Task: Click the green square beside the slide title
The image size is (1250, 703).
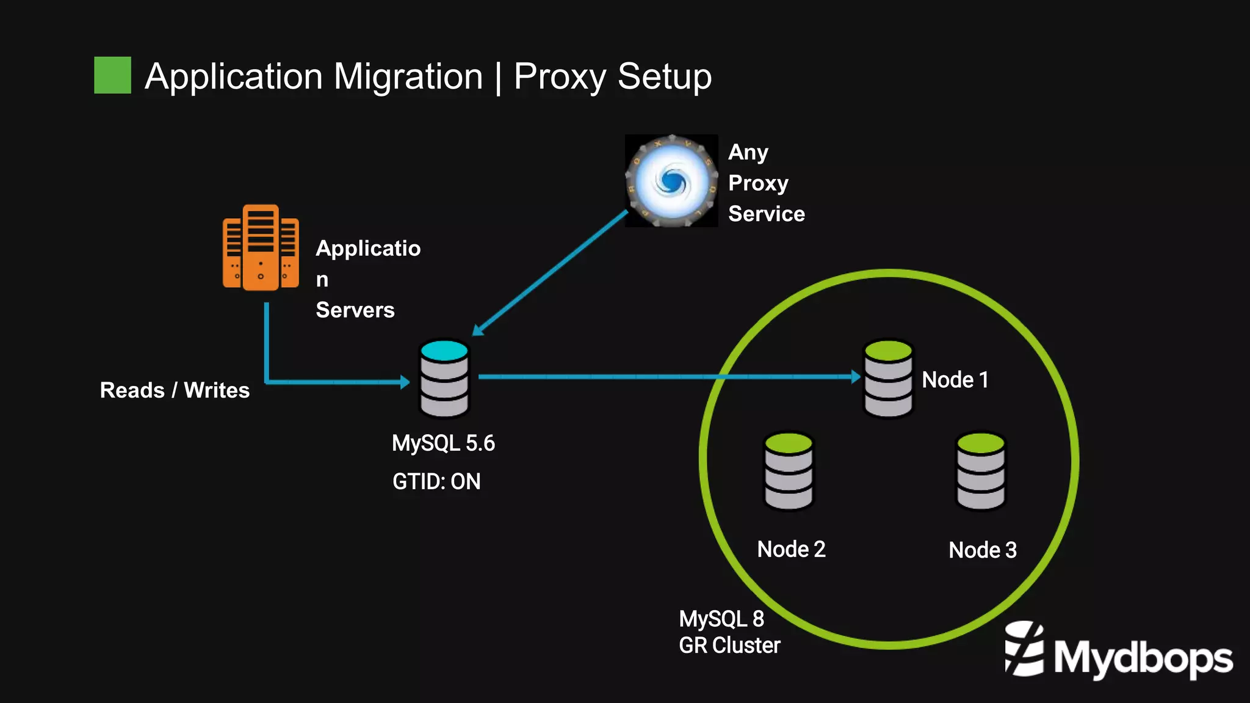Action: [112, 75]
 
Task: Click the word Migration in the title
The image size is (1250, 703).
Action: [408, 77]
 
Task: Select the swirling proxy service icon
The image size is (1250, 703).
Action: [671, 181]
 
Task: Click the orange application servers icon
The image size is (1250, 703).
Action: [261, 247]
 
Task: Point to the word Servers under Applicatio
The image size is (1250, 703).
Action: [355, 310]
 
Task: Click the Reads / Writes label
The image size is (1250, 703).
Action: [175, 390]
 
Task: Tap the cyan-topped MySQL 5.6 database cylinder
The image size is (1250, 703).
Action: [444, 379]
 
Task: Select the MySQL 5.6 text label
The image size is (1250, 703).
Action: [443, 443]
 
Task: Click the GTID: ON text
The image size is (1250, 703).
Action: [436, 482]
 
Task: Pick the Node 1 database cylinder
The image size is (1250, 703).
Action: [888, 379]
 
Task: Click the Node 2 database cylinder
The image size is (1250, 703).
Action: [789, 471]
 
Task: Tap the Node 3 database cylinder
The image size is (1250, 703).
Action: [980, 471]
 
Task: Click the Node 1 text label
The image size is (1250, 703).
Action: [955, 380]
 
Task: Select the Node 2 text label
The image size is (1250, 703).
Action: [791, 550]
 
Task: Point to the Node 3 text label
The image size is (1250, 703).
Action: [982, 550]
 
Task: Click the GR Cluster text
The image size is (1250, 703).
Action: [729, 646]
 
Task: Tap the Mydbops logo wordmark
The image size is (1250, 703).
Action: [1142, 658]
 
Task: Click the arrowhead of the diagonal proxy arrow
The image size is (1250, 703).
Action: [478, 330]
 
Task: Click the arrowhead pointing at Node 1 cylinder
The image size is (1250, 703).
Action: [856, 377]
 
